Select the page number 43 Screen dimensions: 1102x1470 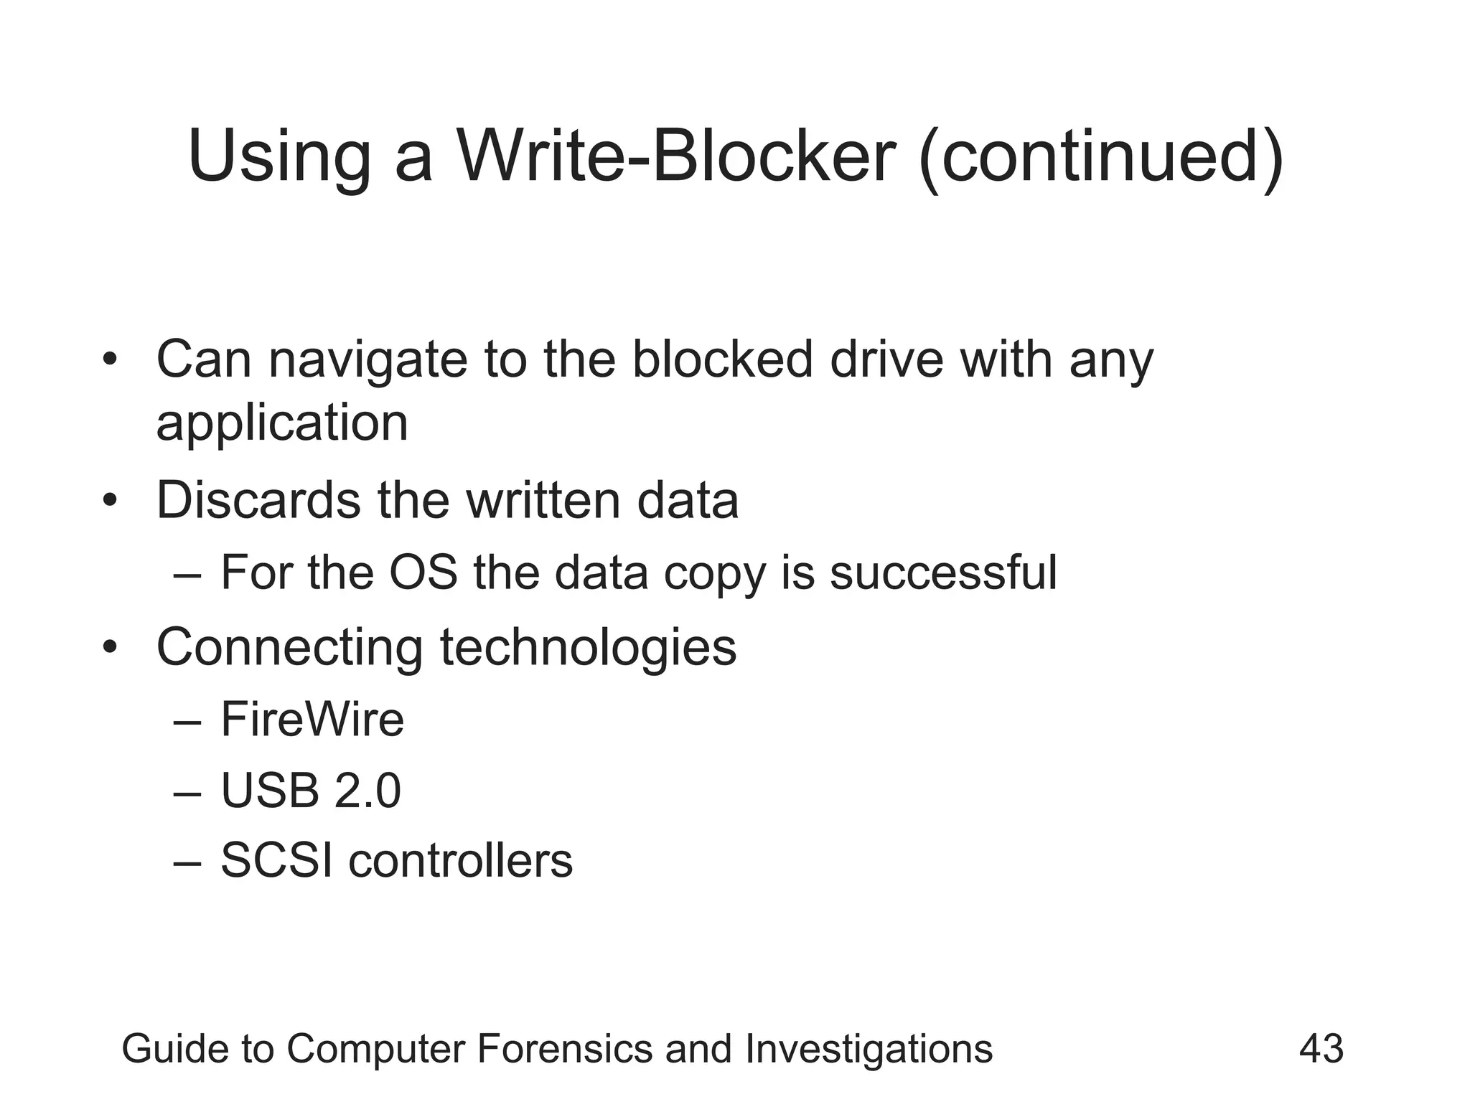click(1321, 1049)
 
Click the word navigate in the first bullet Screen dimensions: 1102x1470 click(367, 360)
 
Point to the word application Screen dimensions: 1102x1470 click(282, 423)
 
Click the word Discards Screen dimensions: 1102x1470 click(258, 500)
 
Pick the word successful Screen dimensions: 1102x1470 click(943, 573)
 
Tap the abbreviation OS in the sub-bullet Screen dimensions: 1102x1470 click(423, 573)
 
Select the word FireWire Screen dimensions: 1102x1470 click(312, 720)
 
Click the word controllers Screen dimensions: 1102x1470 click(461, 860)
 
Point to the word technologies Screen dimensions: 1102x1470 click(588, 648)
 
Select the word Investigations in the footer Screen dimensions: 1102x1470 click(869, 1049)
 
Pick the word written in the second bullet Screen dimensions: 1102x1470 click(543, 500)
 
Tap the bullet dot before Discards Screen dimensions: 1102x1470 click(109, 500)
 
